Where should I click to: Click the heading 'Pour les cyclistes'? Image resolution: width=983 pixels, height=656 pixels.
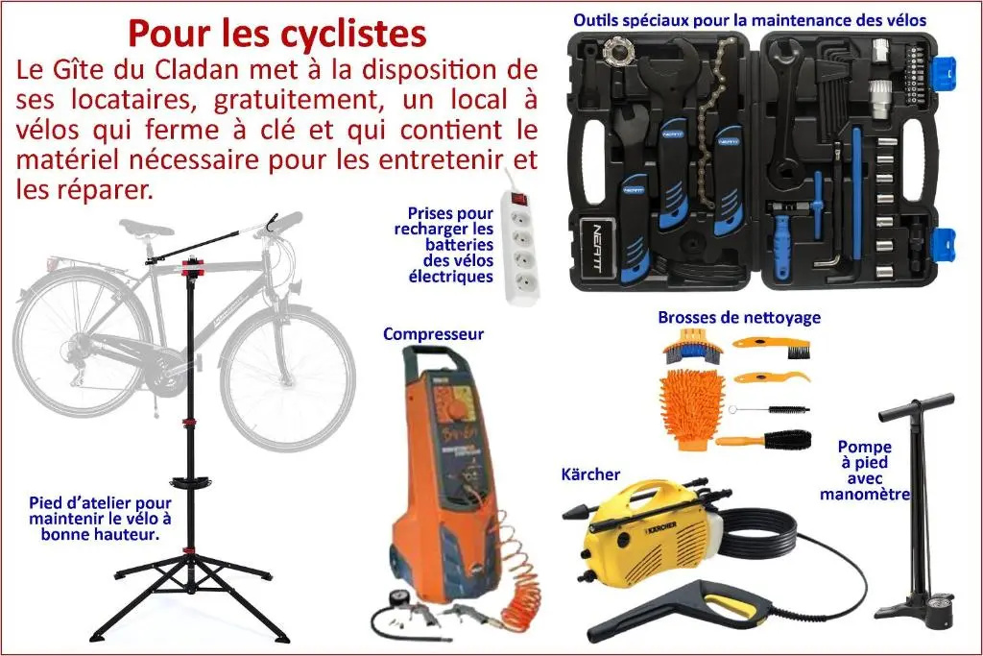click(277, 34)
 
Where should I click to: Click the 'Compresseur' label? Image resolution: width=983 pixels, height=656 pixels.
click(433, 333)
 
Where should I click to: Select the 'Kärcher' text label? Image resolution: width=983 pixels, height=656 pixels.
click(590, 474)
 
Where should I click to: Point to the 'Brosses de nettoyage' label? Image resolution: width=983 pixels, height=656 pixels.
click(739, 317)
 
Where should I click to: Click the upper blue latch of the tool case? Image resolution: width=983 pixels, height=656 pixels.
click(945, 75)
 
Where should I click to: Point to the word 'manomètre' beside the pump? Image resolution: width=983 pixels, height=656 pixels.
click(865, 495)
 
